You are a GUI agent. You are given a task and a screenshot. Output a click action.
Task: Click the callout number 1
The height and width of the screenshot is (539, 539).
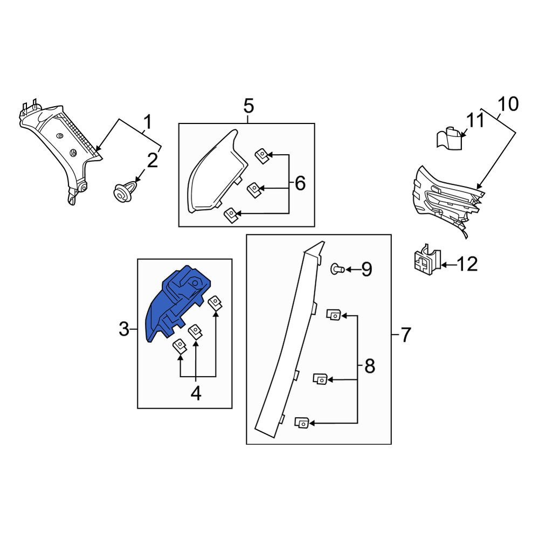pos(147,122)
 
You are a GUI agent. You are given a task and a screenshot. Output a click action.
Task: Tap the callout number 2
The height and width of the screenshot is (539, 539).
pos(153,161)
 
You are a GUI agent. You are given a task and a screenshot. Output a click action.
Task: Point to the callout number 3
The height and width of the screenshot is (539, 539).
pos(124,329)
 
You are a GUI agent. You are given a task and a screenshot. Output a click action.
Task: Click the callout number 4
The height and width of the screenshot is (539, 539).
pos(196,393)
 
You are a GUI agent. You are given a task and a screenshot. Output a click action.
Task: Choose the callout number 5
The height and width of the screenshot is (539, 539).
pos(248,106)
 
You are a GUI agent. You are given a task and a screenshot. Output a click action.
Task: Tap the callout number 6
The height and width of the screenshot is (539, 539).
pos(300,183)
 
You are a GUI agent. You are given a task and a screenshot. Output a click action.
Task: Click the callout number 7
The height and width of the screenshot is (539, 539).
pos(406,335)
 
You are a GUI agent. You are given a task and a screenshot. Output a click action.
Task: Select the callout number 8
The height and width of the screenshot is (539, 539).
pos(370,366)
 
